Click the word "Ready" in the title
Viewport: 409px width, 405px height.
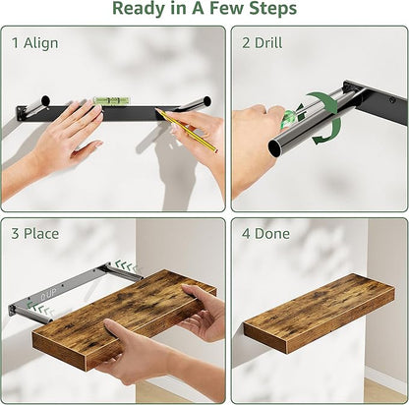tap(140, 9)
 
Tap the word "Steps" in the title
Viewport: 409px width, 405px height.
tap(272, 9)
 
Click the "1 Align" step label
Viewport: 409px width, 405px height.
tap(35, 43)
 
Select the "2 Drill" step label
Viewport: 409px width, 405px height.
tap(263, 43)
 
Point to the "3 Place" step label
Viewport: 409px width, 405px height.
tap(35, 234)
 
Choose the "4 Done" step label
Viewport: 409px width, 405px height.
tap(265, 234)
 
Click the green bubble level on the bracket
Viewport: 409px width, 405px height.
tap(112, 100)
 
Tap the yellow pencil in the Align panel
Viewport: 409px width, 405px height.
tap(186, 131)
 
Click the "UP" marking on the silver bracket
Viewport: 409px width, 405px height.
tap(51, 294)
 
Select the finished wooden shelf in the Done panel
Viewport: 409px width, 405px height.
tap(320, 314)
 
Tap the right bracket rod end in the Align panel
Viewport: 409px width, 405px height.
tap(206, 101)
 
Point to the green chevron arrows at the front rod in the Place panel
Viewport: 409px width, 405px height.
tap(40, 309)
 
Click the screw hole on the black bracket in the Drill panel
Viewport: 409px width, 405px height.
tap(391, 100)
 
